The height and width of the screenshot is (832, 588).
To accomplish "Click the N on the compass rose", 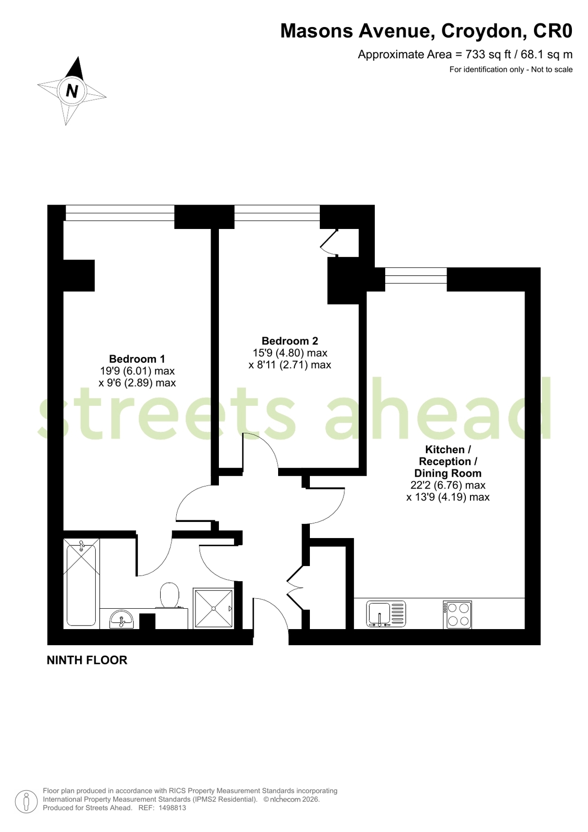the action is point(72,90).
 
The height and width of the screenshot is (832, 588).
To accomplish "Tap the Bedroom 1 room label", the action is point(137,359).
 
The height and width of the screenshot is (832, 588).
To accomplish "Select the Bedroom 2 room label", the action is point(290,341).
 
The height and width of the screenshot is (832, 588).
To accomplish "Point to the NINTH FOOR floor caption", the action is point(87,660).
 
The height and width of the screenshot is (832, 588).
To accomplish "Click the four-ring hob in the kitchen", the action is point(458,615).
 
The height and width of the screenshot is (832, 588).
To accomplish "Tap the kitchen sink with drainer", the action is point(386,615).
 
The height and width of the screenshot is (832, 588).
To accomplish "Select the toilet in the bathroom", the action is point(169,595).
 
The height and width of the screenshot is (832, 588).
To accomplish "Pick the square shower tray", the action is point(214,608).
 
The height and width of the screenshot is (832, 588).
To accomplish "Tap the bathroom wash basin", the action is point(121,619).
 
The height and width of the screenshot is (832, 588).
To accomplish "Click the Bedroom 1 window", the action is point(120,213).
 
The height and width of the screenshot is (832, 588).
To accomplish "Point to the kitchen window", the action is point(416,276).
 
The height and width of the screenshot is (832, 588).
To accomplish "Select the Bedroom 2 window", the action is point(277,213).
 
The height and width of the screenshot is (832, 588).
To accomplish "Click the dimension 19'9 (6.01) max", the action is point(137,370).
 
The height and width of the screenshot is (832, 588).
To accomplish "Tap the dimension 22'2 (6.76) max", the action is point(448,485).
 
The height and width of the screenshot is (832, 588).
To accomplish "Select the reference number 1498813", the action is point(172,808).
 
